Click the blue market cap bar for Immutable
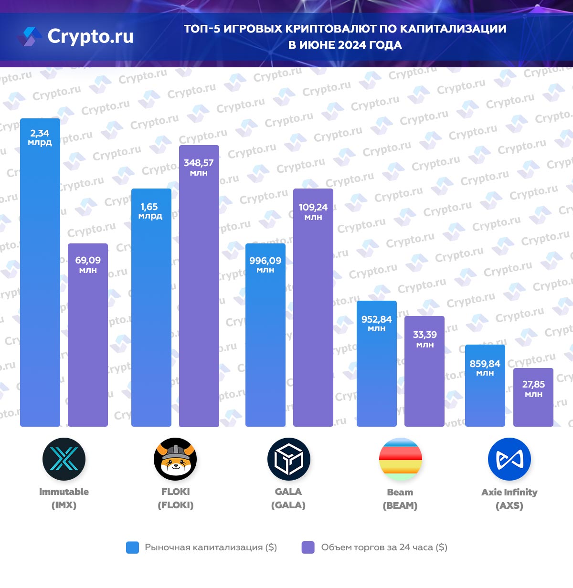pos(40,286)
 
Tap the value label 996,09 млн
pos(265,264)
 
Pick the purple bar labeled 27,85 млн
pos(533,406)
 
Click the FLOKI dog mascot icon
pos(175,459)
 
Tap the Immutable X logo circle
pos(64,459)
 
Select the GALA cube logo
pos(288,459)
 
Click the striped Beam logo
pos(400,459)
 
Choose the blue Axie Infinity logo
pos(509,459)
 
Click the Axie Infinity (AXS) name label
pos(509,498)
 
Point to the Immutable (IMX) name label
pos(64,498)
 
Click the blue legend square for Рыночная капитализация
pos(132,547)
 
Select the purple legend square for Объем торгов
pos(308,547)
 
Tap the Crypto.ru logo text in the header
pos(90,36)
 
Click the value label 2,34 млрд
pos(40,137)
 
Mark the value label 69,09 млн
pos(88,264)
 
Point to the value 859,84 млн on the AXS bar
pos(485,367)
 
